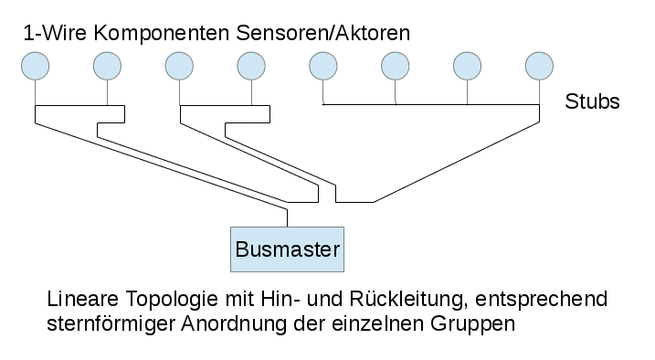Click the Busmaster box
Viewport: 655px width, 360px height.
pyautogui.click(x=288, y=249)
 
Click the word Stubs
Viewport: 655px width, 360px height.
pyautogui.click(x=593, y=101)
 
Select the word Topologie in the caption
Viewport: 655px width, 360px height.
pyautogui.click(x=156, y=301)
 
